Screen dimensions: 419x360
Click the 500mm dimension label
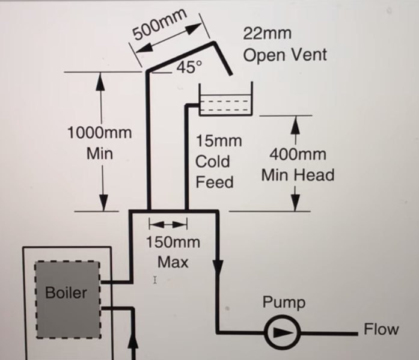point(159,24)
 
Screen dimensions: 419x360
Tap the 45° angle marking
point(189,67)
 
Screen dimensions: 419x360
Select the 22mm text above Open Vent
point(267,34)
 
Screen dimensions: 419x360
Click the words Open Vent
point(285,55)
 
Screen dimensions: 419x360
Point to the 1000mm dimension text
point(99,132)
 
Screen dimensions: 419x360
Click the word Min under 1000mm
point(100,154)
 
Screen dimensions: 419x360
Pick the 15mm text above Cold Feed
point(219,141)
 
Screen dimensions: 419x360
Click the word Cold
point(212,161)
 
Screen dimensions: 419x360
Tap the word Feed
point(215,182)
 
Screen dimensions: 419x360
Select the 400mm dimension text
point(298,154)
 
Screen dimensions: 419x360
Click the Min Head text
point(298,175)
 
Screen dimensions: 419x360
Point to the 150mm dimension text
point(173,242)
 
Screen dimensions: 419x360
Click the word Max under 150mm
point(173,262)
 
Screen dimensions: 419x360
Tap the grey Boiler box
point(67,300)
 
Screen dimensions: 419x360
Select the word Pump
point(284,302)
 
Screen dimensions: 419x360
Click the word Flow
point(381,329)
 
